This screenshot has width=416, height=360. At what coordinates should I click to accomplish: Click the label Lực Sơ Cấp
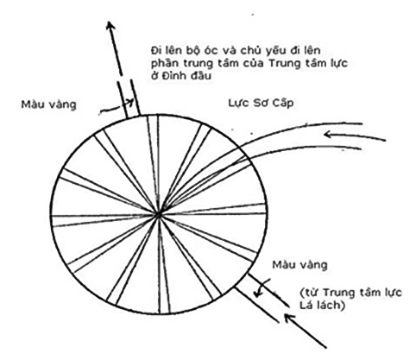click(261, 103)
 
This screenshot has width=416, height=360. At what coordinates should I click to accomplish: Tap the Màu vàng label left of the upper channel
click(48, 104)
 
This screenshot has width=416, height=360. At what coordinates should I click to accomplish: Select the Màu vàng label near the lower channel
click(299, 265)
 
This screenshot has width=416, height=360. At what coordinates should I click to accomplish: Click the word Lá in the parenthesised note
click(306, 306)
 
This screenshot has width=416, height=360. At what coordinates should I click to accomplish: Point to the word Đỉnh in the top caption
click(171, 75)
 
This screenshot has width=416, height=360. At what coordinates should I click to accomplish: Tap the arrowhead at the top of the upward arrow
click(110, 25)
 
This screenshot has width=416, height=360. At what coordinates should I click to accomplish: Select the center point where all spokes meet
click(158, 214)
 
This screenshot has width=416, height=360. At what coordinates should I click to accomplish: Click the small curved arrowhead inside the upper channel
click(131, 102)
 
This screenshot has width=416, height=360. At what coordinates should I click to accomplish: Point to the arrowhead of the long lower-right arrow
click(289, 318)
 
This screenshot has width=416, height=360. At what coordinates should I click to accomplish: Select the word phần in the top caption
click(163, 64)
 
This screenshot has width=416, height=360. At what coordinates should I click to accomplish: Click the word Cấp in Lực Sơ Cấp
click(281, 103)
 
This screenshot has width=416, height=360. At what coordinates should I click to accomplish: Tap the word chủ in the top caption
click(251, 51)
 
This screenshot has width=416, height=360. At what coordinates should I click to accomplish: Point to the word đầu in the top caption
click(199, 75)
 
